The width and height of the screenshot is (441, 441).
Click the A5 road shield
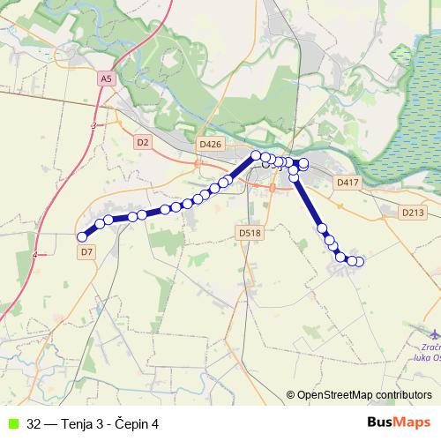click(x=107, y=78)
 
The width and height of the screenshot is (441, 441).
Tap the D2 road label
click(x=143, y=141)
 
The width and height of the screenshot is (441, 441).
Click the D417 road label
click(x=348, y=183)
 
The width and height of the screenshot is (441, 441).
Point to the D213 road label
click(x=412, y=213)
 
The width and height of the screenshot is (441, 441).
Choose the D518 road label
click(x=250, y=233)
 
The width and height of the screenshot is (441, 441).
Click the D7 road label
click(x=86, y=252)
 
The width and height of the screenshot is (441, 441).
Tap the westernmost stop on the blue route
click(x=82, y=236)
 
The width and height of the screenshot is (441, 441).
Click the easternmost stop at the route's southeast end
click(x=359, y=261)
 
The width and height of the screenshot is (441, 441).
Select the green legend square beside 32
click(x=11, y=423)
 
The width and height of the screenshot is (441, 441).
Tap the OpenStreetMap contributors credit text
click(x=363, y=395)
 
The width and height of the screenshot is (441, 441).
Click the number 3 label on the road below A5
click(x=92, y=126)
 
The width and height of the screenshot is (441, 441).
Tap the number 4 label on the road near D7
click(x=34, y=255)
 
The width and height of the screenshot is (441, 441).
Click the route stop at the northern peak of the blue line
click(x=257, y=155)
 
